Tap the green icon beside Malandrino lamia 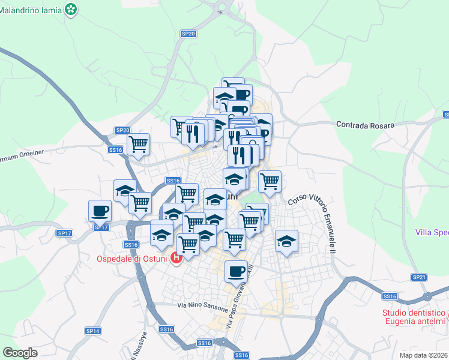72,9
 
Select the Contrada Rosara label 365,125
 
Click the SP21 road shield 419,277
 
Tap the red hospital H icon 176,259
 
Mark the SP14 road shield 92,331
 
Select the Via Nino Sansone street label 203,308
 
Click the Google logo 20,352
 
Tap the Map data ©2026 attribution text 423,355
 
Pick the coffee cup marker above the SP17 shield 100,211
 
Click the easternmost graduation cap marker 287,241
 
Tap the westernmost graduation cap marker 125,190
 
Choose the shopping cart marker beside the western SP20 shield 139,144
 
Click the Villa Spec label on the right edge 432,232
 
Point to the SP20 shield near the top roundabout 188,34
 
